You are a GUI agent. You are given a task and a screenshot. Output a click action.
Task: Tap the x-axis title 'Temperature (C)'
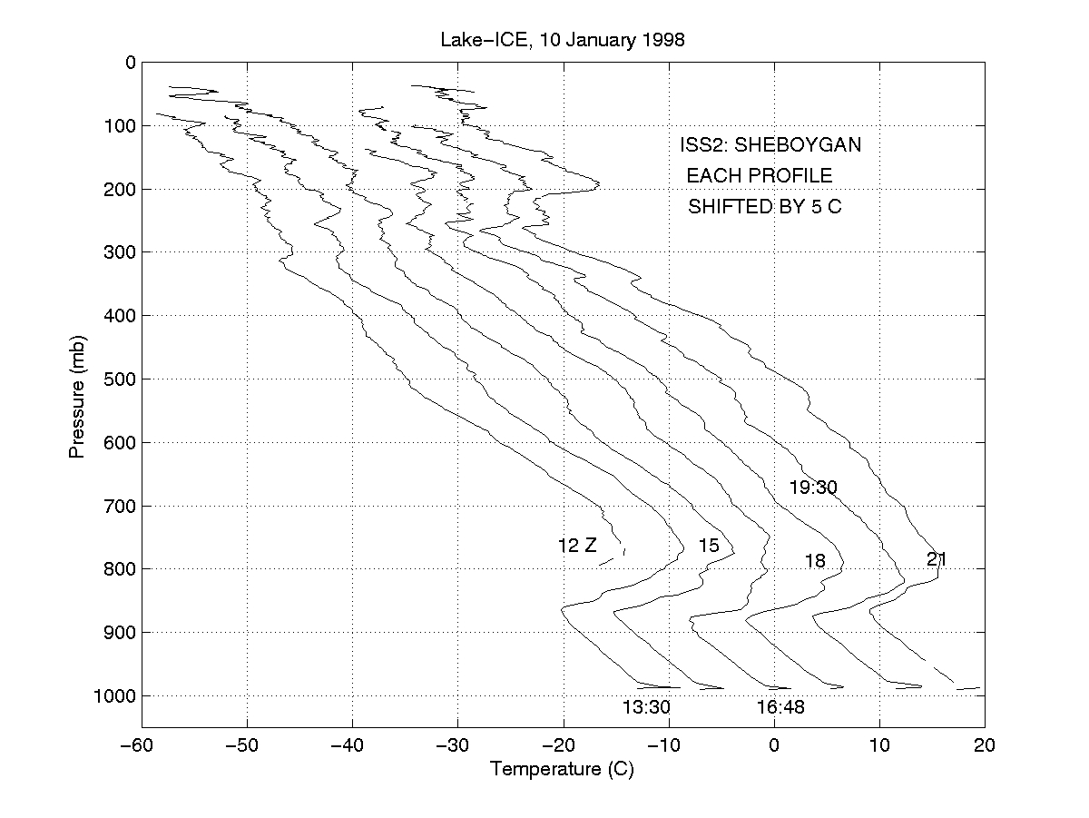pos(562,770)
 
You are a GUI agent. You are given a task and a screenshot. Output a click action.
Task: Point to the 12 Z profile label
pos(577,546)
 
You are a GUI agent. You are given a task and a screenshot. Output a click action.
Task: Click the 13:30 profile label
pos(646,707)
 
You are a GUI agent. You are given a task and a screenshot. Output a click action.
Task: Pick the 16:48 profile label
pos(780,707)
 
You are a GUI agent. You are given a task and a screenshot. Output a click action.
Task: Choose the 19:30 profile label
pos(812,488)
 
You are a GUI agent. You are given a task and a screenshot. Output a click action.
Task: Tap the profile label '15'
pos(709,546)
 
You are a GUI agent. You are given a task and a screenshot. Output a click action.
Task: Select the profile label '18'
pos(815,561)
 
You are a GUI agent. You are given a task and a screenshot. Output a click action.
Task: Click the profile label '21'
pos(937,559)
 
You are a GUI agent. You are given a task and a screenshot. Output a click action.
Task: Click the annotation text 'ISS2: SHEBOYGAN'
pos(770,145)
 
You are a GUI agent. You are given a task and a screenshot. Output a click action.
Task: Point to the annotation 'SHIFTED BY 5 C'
pos(764,207)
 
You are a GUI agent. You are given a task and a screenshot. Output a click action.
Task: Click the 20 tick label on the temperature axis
pos(985,745)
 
